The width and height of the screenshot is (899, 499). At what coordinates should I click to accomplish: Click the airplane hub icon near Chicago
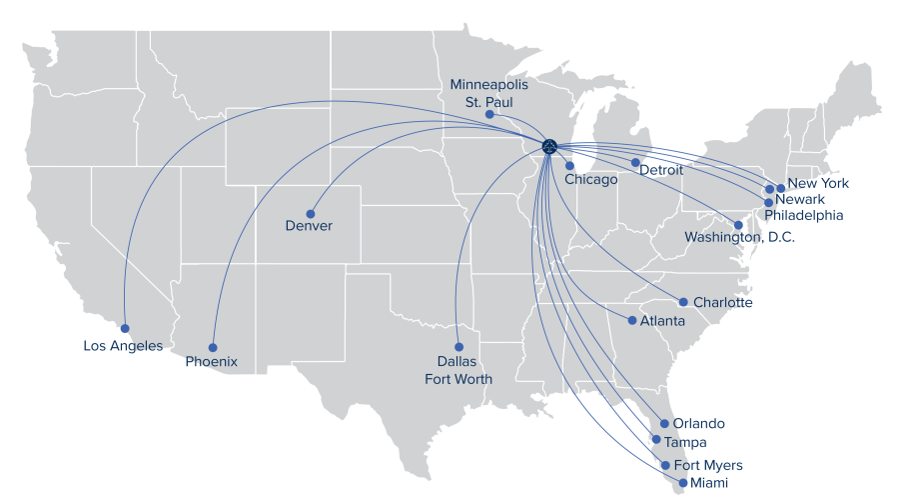[549, 146]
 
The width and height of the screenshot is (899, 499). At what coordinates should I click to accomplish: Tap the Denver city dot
[311, 214]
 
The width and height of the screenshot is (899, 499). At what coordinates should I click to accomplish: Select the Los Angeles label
[123, 346]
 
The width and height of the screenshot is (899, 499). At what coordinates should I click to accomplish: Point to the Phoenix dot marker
[213, 348]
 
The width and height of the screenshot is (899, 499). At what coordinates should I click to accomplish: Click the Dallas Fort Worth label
[458, 370]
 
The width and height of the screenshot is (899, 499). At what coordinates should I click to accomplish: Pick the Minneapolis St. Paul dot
[489, 115]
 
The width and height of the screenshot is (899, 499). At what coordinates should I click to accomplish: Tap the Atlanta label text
[663, 321]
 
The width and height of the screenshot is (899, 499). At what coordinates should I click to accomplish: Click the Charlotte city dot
[683, 302]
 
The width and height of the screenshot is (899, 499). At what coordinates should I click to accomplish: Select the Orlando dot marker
[664, 424]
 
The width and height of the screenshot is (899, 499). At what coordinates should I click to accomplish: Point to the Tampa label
[685, 442]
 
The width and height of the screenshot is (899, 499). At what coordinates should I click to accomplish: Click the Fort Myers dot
[666, 466]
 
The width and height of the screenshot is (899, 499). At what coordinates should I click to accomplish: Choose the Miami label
[708, 484]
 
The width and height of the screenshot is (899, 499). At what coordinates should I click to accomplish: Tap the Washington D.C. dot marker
[739, 225]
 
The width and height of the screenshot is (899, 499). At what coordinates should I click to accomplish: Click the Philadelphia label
[804, 215]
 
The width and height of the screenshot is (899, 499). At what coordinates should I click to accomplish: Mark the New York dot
[780, 187]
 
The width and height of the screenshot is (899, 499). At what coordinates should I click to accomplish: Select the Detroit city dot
[635, 162]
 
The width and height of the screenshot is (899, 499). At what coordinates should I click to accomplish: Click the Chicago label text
[591, 180]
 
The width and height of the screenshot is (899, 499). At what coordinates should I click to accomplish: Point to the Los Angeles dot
[124, 328]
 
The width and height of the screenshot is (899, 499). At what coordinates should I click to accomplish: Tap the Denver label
[309, 226]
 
